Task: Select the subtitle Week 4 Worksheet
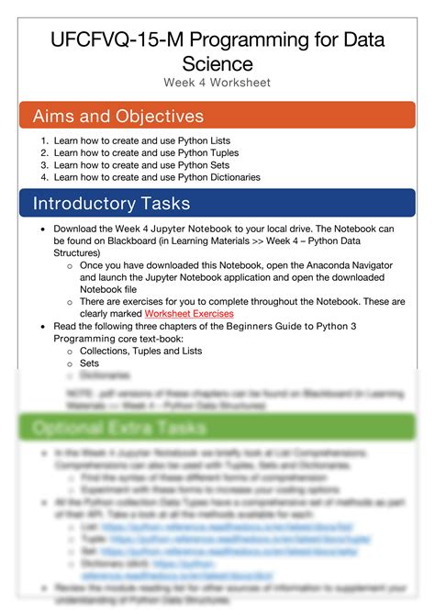[x=217, y=83]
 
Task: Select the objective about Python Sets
[x=154, y=165]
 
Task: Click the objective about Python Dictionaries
[x=170, y=177]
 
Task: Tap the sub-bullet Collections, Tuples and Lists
[x=139, y=351]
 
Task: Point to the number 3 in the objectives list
[x=44, y=165]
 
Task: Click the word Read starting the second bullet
[x=65, y=326]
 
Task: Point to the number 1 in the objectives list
[x=44, y=141]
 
